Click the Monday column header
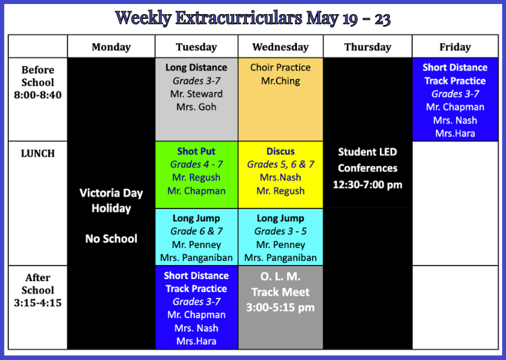click(111, 47)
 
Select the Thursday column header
click(368, 47)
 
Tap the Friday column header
click(455, 47)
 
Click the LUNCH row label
click(38, 154)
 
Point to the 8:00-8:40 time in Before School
click(38, 95)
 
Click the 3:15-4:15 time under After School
click(38, 303)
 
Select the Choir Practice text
click(281, 67)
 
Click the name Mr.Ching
click(281, 81)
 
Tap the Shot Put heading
click(196, 151)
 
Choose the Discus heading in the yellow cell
click(281, 151)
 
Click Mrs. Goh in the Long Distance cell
click(196, 107)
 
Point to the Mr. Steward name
click(196, 94)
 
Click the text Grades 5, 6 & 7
click(281, 164)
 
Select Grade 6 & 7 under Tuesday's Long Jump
click(196, 231)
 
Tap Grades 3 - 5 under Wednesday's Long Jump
click(281, 231)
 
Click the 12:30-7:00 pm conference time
click(368, 185)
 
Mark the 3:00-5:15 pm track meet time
click(281, 307)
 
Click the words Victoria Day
click(111, 193)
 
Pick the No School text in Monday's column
click(111, 239)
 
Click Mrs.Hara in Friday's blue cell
click(455, 133)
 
